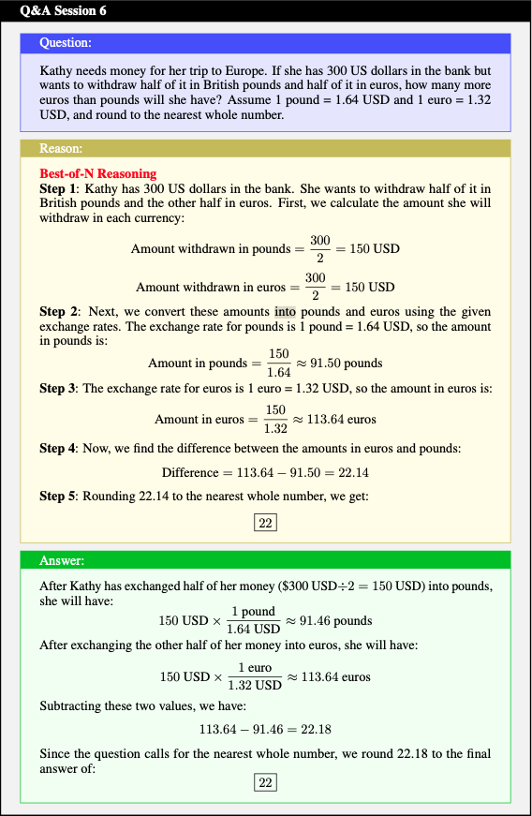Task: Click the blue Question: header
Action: pyautogui.click(x=66, y=43)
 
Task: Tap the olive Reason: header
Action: pyautogui.click(x=62, y=148)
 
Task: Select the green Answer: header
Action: pyautogui.click(x=62, y=560)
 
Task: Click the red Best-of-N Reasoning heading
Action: pyautogui.click(x=98, y=173)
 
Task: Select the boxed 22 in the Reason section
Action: pyautogui.click(x=265, y=523)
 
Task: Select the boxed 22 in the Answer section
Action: pyautogui.click(x=265, y=782)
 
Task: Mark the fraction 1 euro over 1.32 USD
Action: pyautogui.click(x=254, y=676)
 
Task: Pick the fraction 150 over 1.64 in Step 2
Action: pyautogui.click(x=278, y=363)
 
